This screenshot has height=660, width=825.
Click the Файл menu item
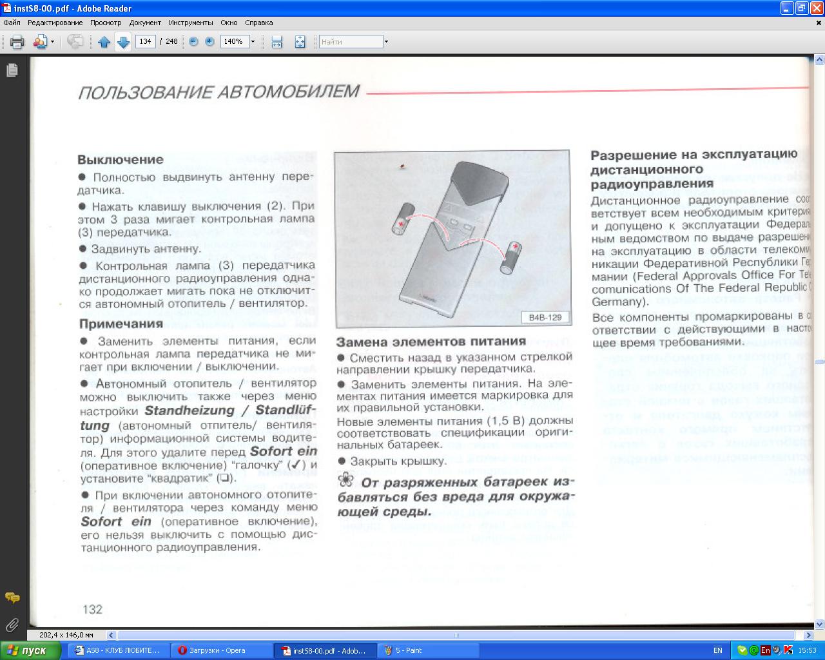12,23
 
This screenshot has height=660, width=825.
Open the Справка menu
258,23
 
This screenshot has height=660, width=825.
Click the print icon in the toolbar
17,42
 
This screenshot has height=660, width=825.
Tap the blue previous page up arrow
104,42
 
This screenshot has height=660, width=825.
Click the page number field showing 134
145,42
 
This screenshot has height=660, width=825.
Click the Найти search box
351,42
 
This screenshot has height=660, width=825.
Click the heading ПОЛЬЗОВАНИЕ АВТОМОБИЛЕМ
218,92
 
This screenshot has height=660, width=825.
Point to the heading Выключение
121,159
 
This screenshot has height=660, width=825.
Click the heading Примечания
121,324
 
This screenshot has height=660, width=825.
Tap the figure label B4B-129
545,317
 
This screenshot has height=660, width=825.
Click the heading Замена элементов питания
431,342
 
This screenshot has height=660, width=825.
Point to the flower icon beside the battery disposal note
346,480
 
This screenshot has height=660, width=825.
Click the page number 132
93,609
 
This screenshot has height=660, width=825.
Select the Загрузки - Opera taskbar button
217,650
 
